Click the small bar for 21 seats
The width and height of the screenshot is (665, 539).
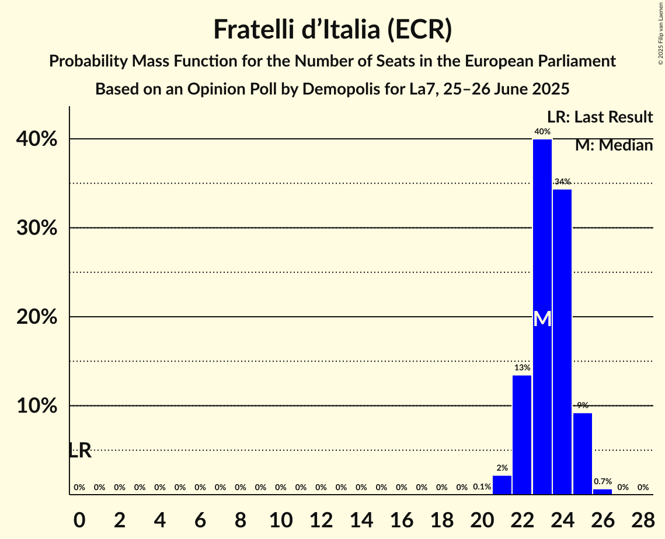click(502, 485)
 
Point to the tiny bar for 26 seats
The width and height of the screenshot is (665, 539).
click(603, 492)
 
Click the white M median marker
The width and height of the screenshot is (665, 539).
click(542, 318)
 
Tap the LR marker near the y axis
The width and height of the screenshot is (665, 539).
click(80, 450)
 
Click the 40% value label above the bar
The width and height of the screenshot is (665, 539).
click(542, 131)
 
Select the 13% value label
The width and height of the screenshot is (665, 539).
click(522, 367)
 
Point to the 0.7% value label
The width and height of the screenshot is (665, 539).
click(603, 481)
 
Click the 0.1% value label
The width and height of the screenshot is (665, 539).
click(482, 487)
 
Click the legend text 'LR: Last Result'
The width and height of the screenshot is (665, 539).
click(600, 117)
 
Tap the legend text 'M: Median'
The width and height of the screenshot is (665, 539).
click(614, 145)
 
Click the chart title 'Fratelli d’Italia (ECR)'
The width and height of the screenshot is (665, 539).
click(332, 29)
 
